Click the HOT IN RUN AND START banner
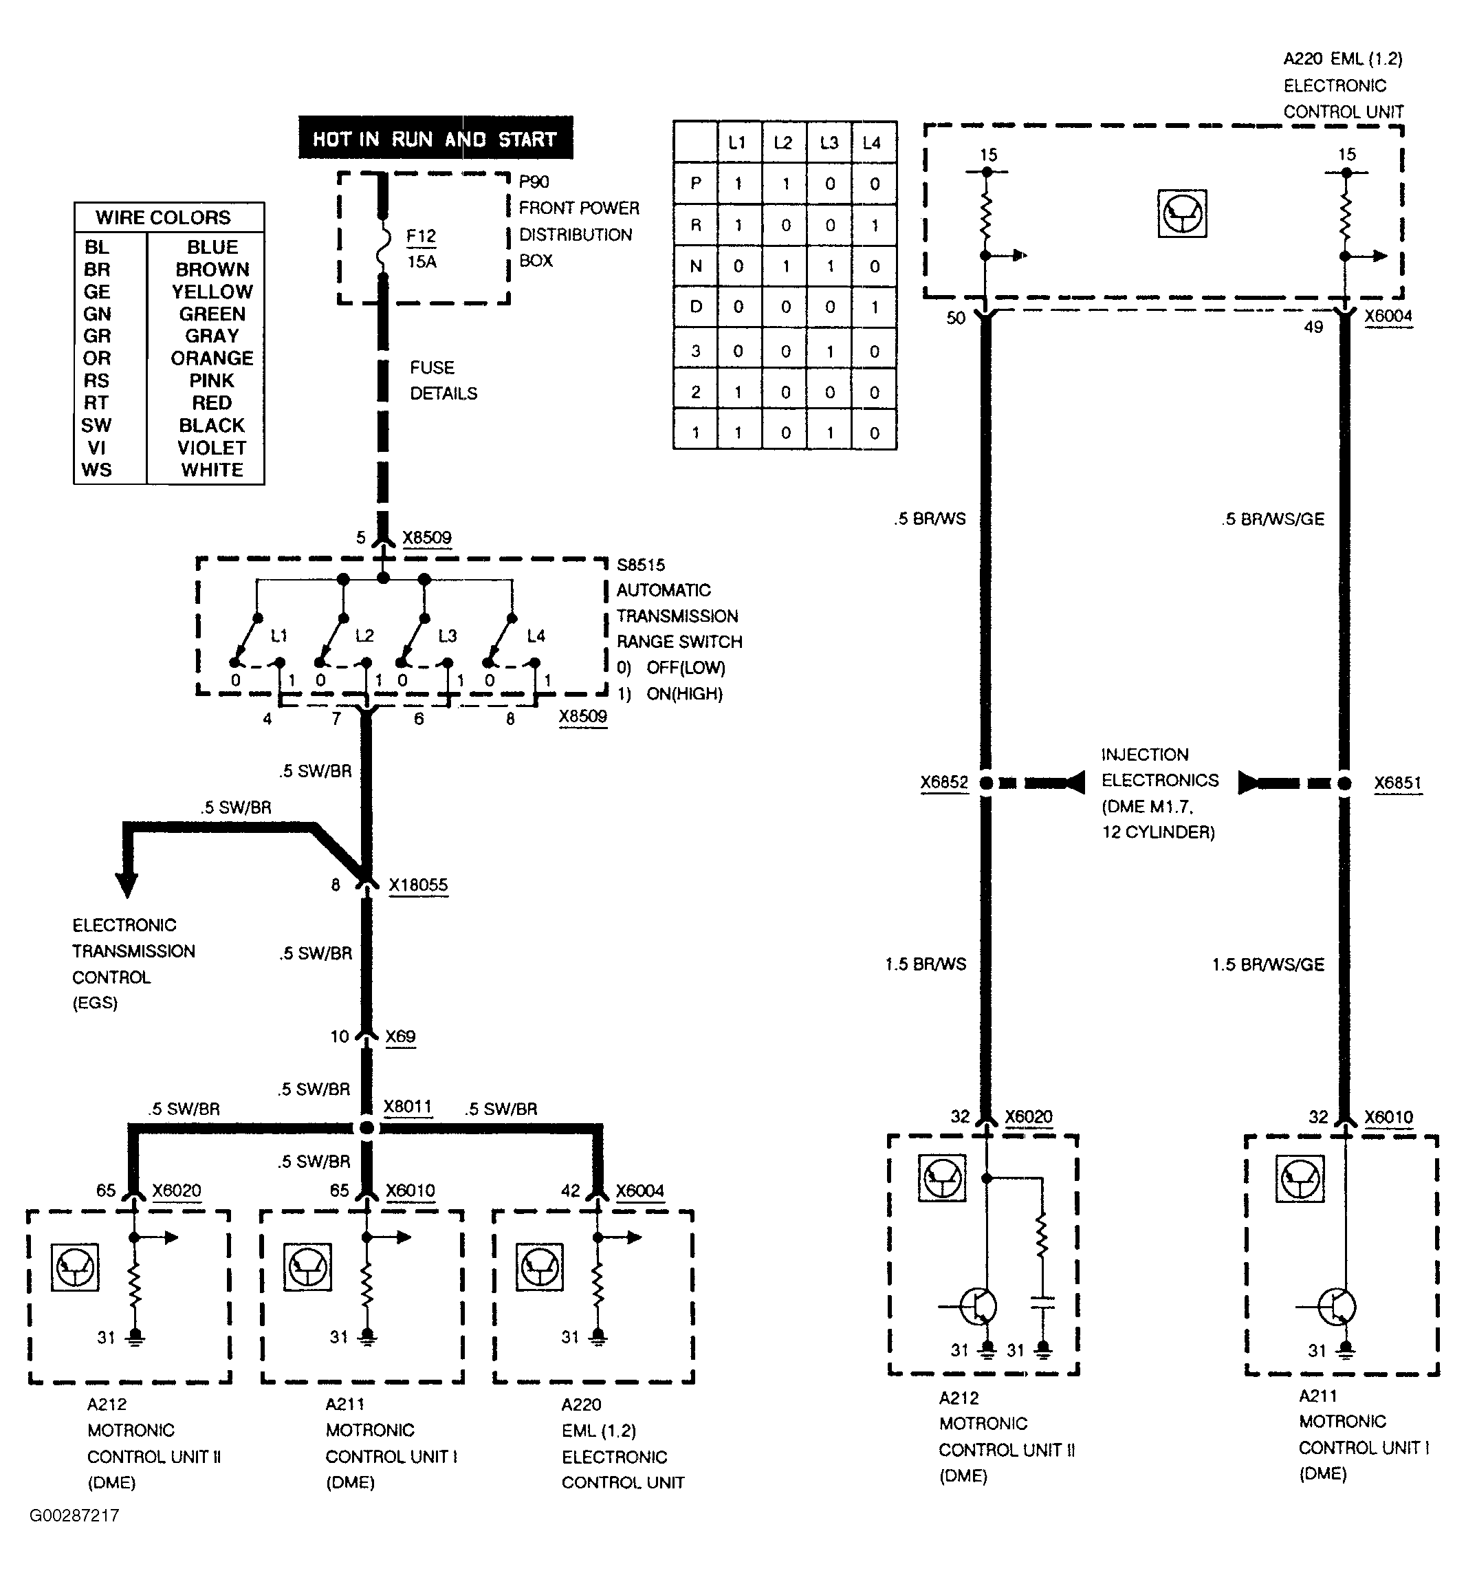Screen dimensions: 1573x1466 [435, 138]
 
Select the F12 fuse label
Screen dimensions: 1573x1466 [421, 236]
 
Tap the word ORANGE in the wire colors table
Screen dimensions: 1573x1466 [212, 358]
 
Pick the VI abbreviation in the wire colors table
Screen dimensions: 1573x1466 [96, 448]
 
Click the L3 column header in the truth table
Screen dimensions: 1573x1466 [829, 143]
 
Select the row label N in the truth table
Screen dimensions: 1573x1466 [695, 267]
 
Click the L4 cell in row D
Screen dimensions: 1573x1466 [874, 307]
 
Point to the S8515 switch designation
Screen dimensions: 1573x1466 [641, 565]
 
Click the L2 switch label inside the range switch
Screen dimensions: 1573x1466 [364, 636]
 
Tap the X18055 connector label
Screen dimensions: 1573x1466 [417, 885]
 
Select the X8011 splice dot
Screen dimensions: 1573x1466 [366, 1127]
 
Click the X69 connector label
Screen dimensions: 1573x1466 [400, 1037]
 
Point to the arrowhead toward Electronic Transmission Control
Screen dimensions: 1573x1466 [127, 885]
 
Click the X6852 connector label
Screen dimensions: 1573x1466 [944, 783]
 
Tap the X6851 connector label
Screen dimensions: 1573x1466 [1397, 783]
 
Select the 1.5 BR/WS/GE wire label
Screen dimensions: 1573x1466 [1267, 964]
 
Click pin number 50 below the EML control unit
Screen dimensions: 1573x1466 [956, 318]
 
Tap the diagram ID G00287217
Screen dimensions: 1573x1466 [74, 1515]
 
